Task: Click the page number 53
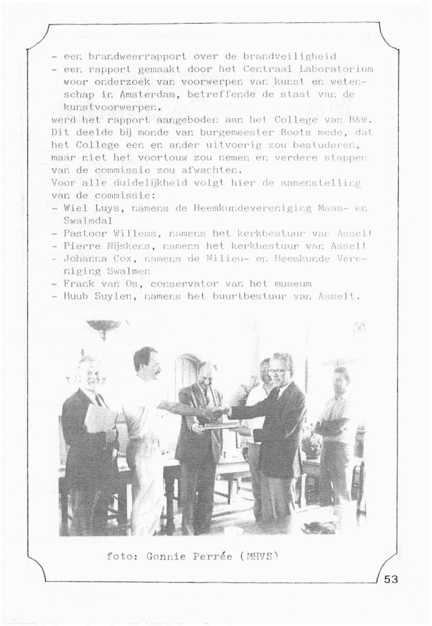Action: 391,579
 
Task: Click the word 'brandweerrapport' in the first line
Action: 137,56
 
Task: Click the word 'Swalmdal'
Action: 88,220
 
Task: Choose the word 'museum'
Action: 293,284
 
